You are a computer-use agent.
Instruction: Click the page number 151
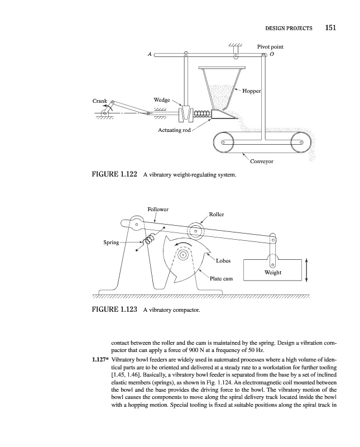click(330, 27)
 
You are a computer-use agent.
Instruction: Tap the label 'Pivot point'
click(270, 47)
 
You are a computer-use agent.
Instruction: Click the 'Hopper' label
click(251, 91)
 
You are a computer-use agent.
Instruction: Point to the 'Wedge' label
click(162, 100)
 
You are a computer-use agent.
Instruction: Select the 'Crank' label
click(100, 101)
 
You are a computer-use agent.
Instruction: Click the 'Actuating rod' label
click(174, 130)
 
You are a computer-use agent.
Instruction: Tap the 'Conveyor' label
click(261, 161)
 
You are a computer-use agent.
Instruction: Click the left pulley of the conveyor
click(224, 142)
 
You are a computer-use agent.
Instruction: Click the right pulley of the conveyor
click(301, 142)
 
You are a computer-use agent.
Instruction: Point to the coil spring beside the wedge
click(202, 114)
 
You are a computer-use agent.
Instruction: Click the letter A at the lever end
click(150, 54)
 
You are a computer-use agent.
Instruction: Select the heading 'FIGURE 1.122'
click(114, 174)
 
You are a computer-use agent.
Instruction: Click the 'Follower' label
click(158, 209)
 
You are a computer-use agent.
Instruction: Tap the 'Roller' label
click(217, 214)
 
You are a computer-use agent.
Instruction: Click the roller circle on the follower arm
click(196, 230)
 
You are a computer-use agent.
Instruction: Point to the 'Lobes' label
click(223, 260)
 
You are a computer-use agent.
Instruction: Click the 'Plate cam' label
click(221, 278)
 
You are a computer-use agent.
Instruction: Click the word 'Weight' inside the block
click(273, 272)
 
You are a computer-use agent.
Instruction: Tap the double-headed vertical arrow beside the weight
click(306, 270)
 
